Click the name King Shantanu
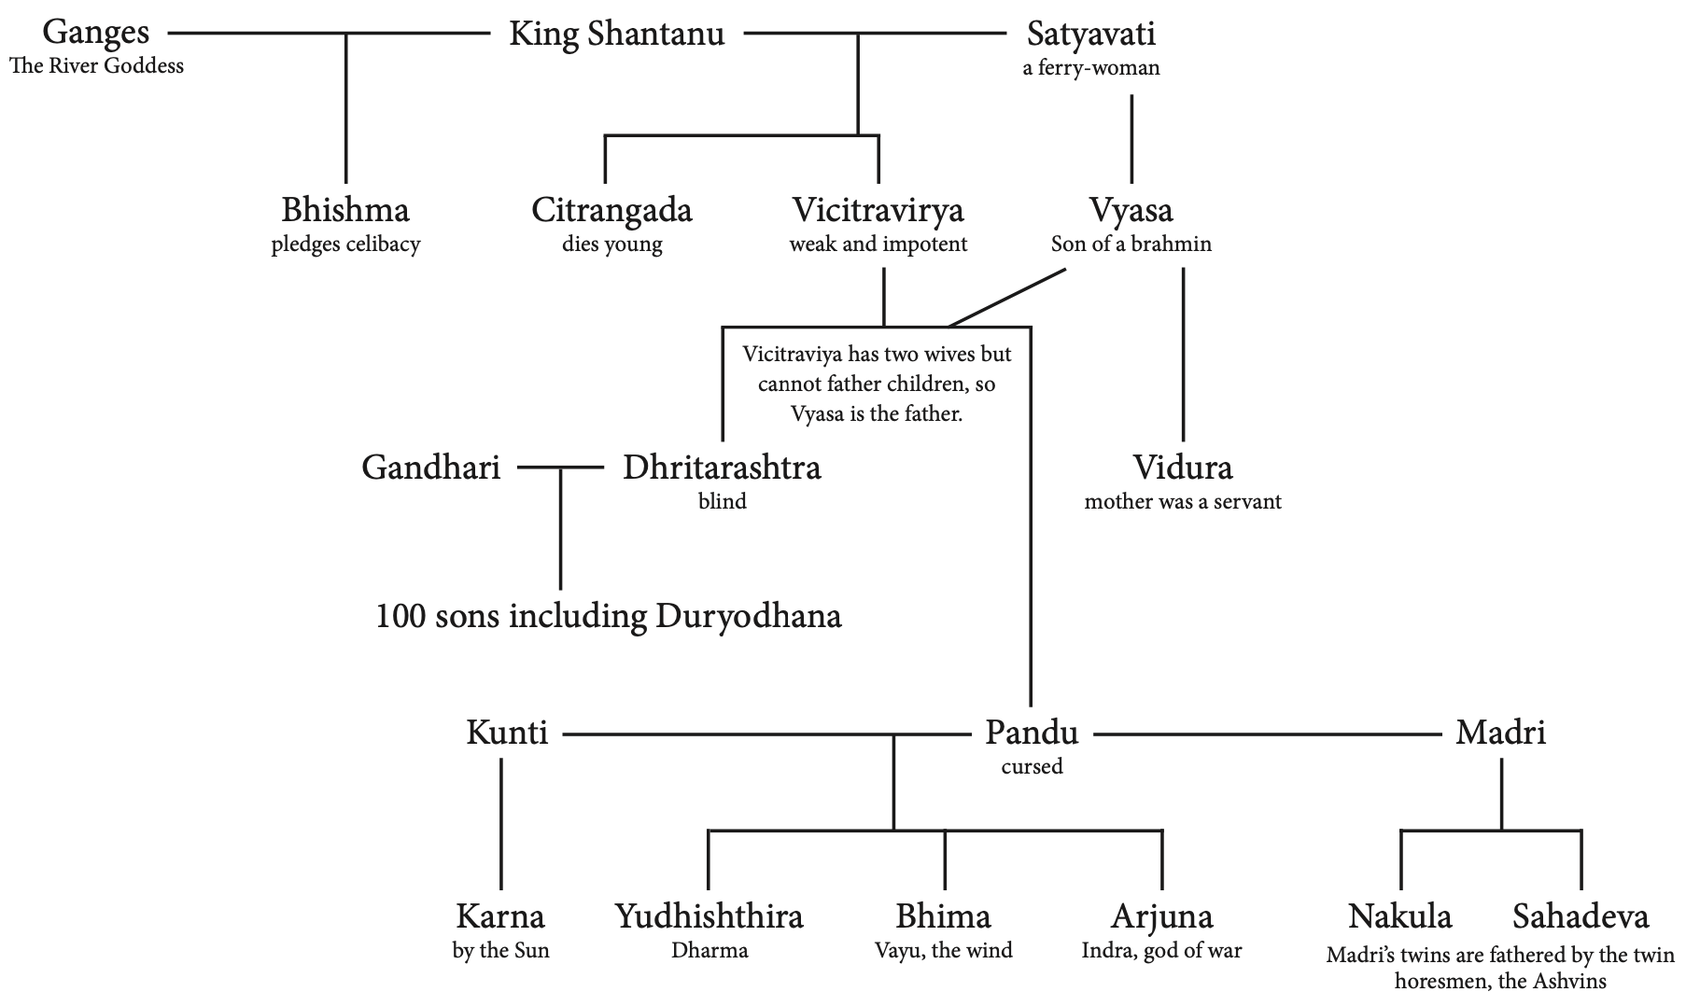click(616, 35)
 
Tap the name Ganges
click(96, 33)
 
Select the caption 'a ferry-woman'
click(1091, 67)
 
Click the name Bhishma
click(345, 210)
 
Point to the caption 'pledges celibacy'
click(345, 245)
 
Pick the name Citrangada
click(611, 210)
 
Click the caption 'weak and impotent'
click(878, 245)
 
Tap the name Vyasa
click(1131, 210)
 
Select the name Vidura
click(1183, 467)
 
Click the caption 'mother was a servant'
click(1183, 501)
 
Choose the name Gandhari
click(430, 467)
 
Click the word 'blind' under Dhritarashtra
click(722, 501)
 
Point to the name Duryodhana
click(749, 616)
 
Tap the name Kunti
click(507, 733)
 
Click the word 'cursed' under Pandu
click(1032, 766)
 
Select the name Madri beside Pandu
click(1500, 733)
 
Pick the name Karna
click(500, 916)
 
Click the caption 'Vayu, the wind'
click(943, 951)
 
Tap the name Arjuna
click(1161, 916)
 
